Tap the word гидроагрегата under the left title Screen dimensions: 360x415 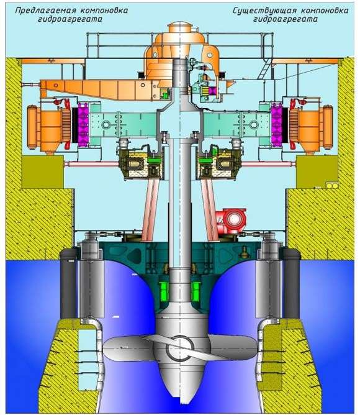70,20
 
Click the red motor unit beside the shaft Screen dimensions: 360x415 231,219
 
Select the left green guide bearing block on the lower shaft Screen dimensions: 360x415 164,291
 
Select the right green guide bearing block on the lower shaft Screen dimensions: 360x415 196,291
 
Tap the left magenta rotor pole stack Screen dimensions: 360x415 83,125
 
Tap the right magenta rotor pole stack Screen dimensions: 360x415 277,125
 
